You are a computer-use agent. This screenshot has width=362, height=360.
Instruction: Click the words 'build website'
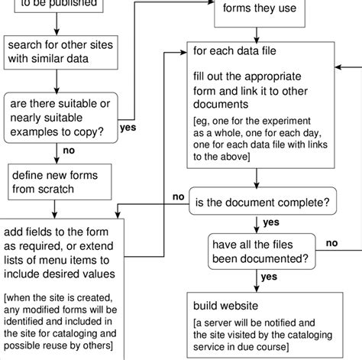tap(225, 306)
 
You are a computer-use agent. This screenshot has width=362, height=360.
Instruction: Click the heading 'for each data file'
tap(234, 53)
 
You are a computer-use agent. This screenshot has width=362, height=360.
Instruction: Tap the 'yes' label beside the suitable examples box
tap(128, 127)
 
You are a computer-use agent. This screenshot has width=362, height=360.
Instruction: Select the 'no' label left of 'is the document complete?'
tap(178, 196)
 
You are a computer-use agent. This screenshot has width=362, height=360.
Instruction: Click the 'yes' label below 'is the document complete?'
tap(271, 222)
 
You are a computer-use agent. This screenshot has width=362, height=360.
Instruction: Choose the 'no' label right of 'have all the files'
tap(331, 243)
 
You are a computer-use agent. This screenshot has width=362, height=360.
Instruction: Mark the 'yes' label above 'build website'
tap(268, 277)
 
